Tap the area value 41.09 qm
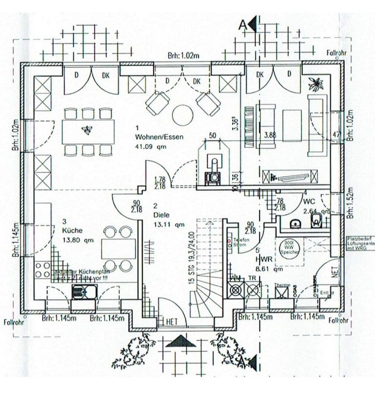coord(151,147)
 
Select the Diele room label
coord(161,215)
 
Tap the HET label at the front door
coord(172,322)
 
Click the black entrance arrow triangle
coord(180,341)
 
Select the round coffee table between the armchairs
coord(183,115)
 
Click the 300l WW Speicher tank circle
coord(289,247)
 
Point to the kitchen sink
coord(84,292)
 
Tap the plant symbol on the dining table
coord(87,130)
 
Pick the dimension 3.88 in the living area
coord(270,136)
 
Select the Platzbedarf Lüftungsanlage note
coord(360,243)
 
